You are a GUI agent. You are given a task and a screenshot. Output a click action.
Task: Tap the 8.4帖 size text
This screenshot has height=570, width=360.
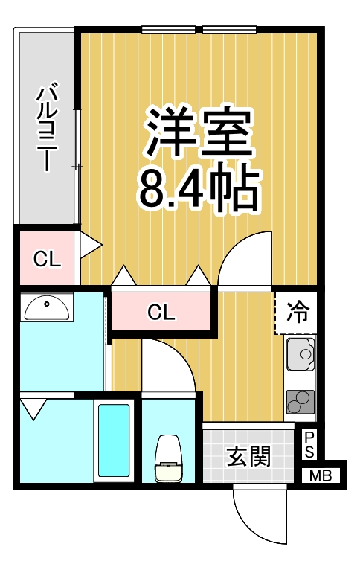(x=198, y=189)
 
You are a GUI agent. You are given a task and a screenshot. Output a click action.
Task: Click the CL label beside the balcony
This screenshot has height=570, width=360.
(x=46, y=260)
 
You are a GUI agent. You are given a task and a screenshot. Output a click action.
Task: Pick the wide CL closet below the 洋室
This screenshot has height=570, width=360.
(x=161, y=312)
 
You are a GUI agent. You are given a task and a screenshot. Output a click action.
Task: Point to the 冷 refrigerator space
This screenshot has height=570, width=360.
(x=297, y=311)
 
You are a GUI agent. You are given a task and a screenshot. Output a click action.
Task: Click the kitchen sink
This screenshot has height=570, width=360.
(x=300, y=354)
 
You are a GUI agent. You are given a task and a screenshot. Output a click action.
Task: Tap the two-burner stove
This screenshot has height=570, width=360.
(x=300, y=402)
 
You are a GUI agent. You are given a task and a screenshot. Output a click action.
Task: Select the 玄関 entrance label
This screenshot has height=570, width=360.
(x=248, y=455)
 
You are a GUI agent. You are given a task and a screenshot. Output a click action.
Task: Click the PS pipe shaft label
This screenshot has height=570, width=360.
(x=309, y=445)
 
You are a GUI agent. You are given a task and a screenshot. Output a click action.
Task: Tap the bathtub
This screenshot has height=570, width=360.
(x=115, y=441)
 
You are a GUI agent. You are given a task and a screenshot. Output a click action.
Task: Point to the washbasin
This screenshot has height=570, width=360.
(x=47, y=307)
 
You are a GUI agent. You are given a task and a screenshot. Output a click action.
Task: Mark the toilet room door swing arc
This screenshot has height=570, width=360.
(x=170, y=365)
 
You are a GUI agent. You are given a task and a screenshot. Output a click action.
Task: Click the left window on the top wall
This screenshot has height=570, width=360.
(x=169, y=31)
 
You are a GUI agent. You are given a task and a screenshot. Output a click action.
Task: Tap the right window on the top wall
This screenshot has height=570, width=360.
(x=230, y=31)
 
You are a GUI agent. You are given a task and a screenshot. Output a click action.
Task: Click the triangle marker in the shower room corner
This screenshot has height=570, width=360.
(x=33, y=407)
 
